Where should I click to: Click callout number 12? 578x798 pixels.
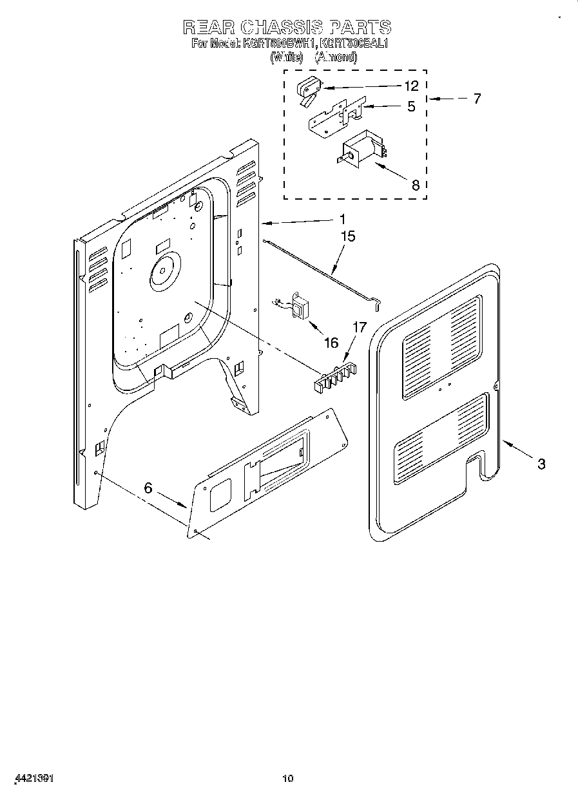pos(411,86)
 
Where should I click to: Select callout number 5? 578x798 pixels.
pos(411,107)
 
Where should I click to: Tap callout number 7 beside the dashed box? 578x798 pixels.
pos(477,99)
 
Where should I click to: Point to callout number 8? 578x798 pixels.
pos(415,185)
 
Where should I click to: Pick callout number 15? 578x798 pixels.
pos(347,237)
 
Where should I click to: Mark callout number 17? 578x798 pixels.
pos(359,328)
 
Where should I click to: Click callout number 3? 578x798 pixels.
pos(541,463)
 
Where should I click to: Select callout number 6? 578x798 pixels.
pos(148,488)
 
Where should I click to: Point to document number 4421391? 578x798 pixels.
pos(31,778)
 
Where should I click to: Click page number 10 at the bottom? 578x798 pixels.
pos(288,779)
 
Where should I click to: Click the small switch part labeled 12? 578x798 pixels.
pos(308,88)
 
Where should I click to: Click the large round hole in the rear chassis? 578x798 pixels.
pos(164,269)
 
